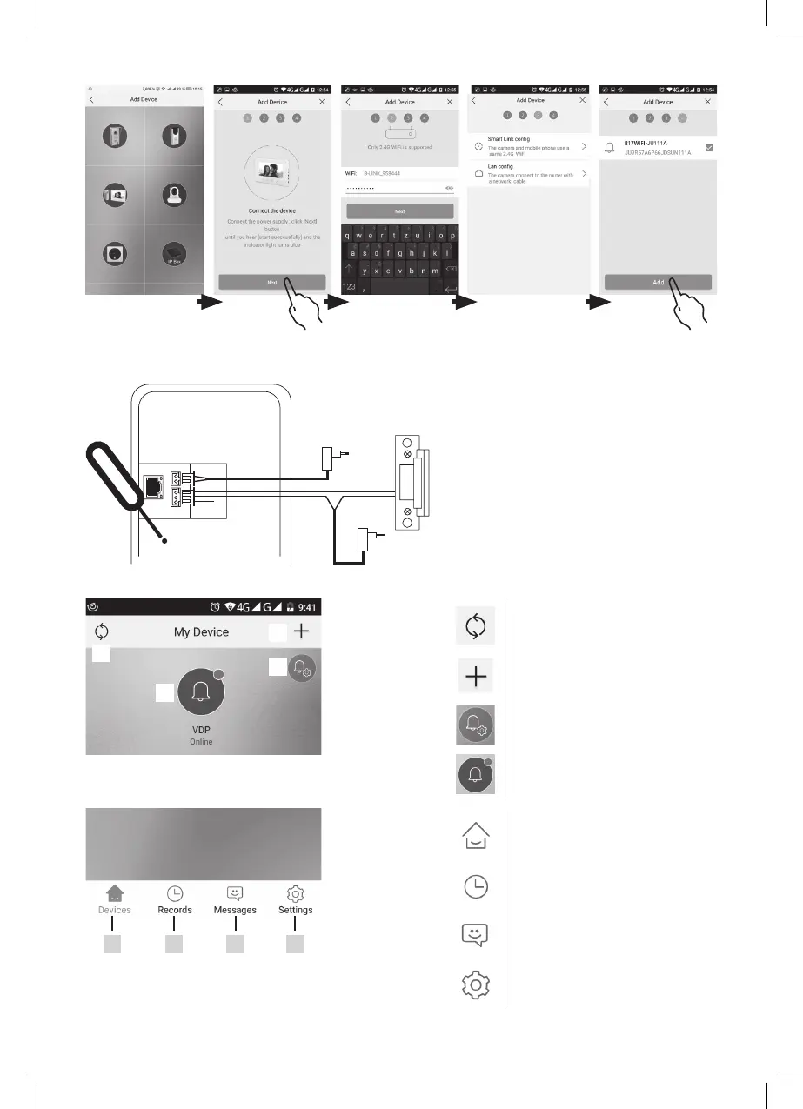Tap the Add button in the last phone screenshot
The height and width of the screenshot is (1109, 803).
[x=658, y=282]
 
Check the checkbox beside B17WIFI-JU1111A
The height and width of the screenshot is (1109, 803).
[x=708, y=148]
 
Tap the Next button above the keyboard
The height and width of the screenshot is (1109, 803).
[x=399, y=211]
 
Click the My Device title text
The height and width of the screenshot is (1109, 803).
[x=201, y=632]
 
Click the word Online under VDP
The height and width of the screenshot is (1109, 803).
[x=201, y=742]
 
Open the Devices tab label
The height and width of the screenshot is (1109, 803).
[x=115, y=910]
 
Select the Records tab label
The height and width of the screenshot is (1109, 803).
[x=175, y=910]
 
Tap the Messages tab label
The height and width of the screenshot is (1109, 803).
[x=235, y=910]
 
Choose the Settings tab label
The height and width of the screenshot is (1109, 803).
[x=295, y=910]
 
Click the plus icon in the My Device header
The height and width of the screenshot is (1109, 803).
[x=302, y=632]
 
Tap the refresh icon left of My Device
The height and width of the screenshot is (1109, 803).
[x=101, y=632]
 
